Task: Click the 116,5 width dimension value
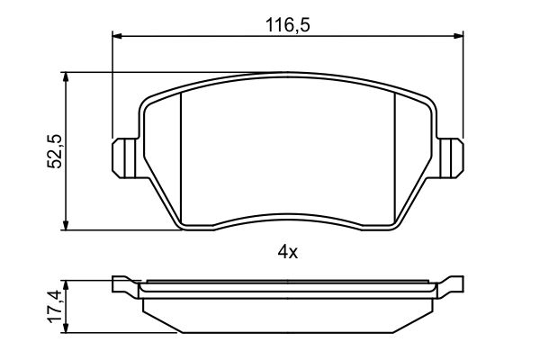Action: coord(287,25)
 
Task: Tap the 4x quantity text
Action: coord(287,253)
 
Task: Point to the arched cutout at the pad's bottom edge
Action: coord(288,217)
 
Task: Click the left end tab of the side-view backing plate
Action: coord(124,285)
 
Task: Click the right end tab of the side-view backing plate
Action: coord(453,285)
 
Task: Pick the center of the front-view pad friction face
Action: coord(288,148)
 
